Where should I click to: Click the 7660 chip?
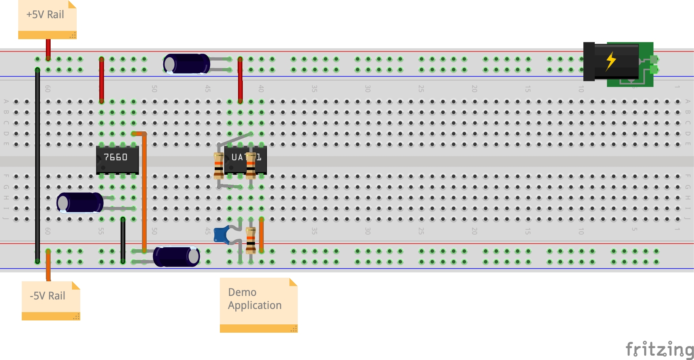pos(117,159)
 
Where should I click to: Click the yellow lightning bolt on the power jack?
pos(611,61)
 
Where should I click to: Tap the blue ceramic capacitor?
pos(221,235)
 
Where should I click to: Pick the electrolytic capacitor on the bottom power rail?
pos(176,256)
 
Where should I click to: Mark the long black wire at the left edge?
pos(38,166)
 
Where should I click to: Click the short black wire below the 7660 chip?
pos(123,240)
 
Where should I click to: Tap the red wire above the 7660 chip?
pos(102,79)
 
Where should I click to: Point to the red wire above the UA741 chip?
pos(240,79)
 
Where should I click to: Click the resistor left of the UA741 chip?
pos(219,165)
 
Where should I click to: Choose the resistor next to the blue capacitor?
pos(251,240)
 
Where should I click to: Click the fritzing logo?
pos(659,349)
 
